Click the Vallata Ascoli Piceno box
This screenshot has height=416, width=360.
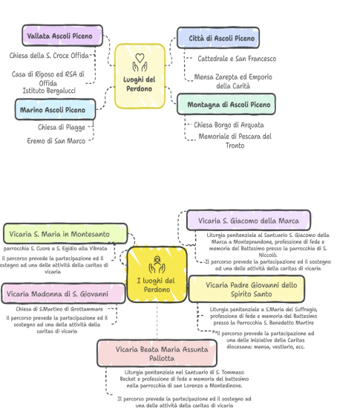(x=62, y=36)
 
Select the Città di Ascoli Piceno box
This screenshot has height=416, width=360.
(x=218, y=38)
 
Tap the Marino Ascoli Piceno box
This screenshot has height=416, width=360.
(x=55, y=109)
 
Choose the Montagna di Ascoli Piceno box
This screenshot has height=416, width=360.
(x=226, y=104)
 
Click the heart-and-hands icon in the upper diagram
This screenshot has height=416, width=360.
(x=140, y=62)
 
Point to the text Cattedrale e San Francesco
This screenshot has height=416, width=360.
(x=237, y=59)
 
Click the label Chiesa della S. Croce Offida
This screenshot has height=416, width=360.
(x=49, y=56)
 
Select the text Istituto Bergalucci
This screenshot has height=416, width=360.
(x=49, y=91)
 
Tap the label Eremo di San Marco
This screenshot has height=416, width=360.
(x=56, y=141)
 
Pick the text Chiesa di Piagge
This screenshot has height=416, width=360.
(x=62, y=127)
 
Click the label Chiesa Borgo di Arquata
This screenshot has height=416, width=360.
(x=229, y=125)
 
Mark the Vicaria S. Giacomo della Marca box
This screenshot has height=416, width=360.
(x=249, y=220)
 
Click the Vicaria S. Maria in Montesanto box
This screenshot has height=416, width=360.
(x=65, y=234)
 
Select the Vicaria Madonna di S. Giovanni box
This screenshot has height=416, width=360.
(x=63, y=293)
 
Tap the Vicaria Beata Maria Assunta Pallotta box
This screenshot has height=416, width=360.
(x=157, y=354)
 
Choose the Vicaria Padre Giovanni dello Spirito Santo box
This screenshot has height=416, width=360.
(x=246, y=289)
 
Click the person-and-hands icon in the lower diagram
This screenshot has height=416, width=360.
(x=157, y=264)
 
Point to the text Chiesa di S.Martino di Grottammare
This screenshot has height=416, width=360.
(x=59, y=309)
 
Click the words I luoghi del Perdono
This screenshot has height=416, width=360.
(x=157, y=285)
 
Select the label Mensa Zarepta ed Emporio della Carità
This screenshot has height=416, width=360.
(x=233, y=82)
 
